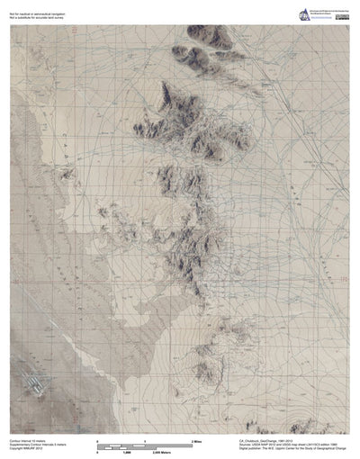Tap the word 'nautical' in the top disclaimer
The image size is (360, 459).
(x=30, y=9)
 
